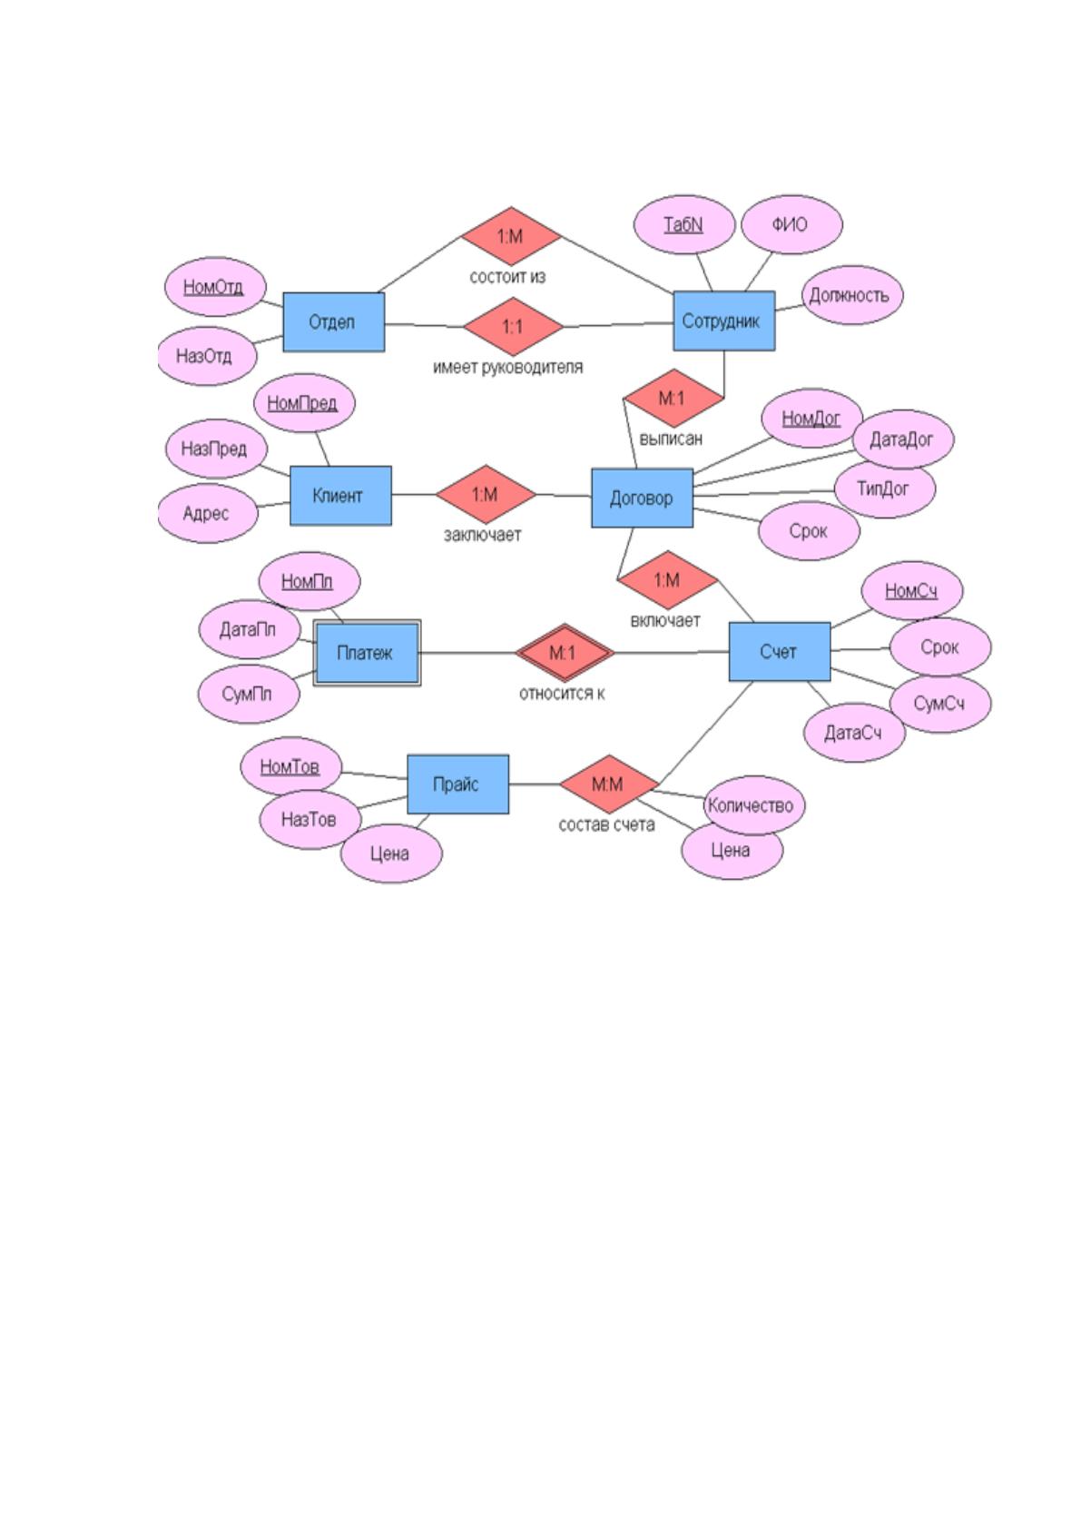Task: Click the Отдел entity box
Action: pos(333,322)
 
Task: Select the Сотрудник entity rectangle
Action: pos(723,321)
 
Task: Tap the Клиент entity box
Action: pos(340,496)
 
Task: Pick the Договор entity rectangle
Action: pos(642,498)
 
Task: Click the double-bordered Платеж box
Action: pos(367,653)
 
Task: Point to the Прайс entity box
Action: pos(457,784)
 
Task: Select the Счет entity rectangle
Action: pos(780,651)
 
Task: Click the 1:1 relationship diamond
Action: pos(513,326)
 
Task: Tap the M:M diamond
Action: pos(609,784)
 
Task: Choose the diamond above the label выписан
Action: pos(673,398)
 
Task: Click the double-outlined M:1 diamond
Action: pos(565,653)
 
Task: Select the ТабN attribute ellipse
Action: pos(683,224)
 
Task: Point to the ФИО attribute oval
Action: pos(791,224)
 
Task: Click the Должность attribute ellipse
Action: pos(851,295)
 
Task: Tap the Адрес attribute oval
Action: pos(208,513)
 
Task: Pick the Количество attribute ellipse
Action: pos(753,804)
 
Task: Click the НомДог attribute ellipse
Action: pos(811,418)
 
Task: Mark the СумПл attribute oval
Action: pos(249,694)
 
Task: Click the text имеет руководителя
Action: pos(507,367)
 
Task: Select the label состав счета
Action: pos(606,824)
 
